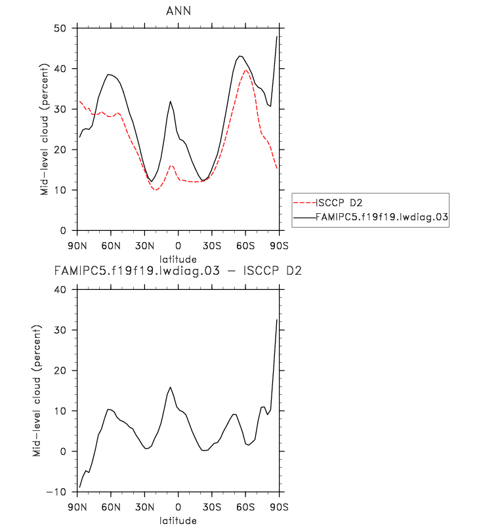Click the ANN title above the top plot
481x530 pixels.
(x=178, y=11)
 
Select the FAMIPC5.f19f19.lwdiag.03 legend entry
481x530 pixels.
(x=381, y=217)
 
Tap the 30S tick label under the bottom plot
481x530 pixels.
(x=211, y=506)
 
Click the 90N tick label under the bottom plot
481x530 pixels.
(x=77, y=506)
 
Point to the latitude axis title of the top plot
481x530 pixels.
(x=178, y=260)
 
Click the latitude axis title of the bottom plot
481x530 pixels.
(x=178, y=521)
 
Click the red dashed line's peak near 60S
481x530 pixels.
(x=245, y=70)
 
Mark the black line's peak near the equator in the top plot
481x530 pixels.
(x=171, y=101)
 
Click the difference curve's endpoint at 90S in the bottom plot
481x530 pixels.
(x=278, y=319)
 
